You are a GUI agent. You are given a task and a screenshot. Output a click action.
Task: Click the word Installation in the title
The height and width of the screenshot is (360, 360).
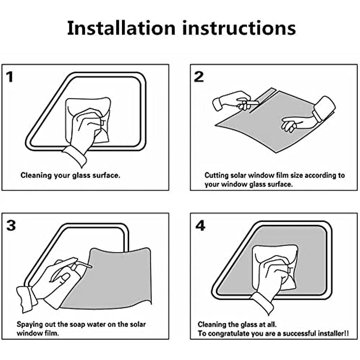[x=121, y=28]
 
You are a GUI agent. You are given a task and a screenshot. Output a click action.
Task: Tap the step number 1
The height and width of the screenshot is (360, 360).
[x=9, y=77]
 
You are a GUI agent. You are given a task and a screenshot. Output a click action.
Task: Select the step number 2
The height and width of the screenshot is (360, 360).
[x=199, y=76]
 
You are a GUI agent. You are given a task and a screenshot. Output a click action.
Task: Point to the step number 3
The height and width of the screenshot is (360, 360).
[x=11, y=225]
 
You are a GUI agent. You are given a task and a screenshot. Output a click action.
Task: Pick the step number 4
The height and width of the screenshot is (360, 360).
[x=200, y=226]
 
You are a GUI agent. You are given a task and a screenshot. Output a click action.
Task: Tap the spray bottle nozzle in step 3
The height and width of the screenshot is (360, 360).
[x=85, y=265]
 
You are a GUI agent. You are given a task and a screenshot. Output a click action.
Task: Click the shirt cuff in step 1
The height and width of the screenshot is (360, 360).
[x=75, y=156]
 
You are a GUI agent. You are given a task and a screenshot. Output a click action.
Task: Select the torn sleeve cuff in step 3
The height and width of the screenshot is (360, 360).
[x=27, y=299]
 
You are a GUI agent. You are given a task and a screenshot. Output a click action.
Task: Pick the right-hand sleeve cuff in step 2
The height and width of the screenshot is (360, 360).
[x=324, y=108]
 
